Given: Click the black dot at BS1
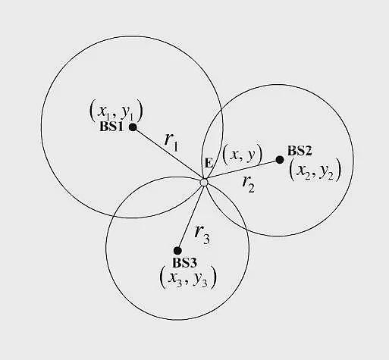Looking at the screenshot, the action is tap(133, 127).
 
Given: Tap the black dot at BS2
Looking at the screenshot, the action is tap(280, 160).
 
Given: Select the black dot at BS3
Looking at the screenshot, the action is tap(177, 251).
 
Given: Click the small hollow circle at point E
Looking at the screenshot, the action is tap(204, 182).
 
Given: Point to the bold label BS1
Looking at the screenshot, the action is tap(112, 127).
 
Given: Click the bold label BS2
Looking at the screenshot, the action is tap(300, 151).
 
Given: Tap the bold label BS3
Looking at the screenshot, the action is tap(184, 263).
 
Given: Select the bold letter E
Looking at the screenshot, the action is tap(209, 163).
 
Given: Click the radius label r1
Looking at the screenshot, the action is tap(171, 142).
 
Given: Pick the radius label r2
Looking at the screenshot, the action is tap(249, 184).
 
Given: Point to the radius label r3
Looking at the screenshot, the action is tap(202, 235).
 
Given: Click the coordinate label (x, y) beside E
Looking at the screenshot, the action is tap(242, 154).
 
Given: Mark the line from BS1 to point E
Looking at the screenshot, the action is tap(168, 155).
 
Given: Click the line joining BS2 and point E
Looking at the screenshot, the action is tap(242, 171).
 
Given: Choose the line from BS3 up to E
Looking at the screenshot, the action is tap(191, 216).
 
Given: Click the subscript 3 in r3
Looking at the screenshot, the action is tap(206, 239).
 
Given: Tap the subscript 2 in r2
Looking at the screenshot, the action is tap(252, 188).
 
